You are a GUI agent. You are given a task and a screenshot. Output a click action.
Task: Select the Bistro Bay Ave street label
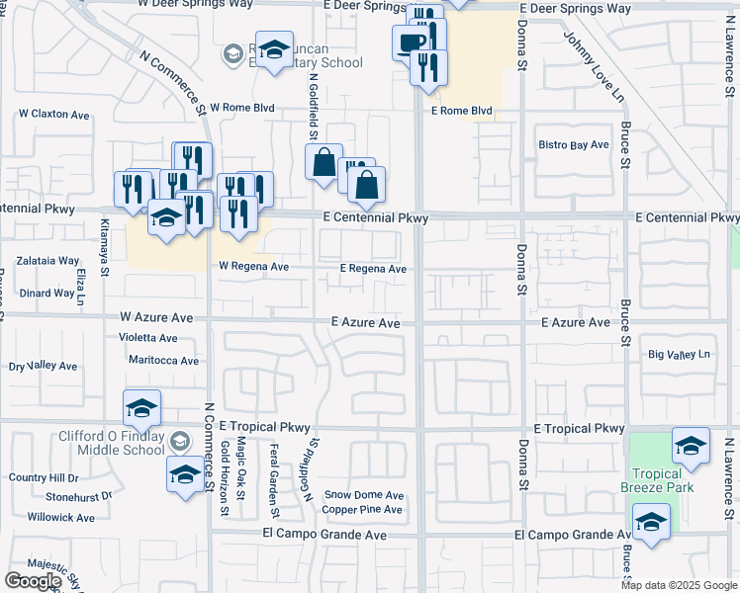573,145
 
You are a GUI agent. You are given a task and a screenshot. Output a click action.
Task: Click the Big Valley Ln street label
679,354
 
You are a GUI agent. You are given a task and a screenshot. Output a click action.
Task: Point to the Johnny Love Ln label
595,64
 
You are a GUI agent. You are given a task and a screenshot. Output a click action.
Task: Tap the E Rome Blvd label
461,111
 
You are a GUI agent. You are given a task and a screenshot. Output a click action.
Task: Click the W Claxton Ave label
53,114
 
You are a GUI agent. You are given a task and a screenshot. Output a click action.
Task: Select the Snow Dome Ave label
364,495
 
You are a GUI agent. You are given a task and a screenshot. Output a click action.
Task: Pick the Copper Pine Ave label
362,510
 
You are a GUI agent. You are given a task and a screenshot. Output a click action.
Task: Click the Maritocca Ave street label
163,361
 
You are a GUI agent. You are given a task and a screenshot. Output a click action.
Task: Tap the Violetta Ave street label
148,338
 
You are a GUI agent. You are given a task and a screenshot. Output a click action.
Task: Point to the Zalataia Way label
49,261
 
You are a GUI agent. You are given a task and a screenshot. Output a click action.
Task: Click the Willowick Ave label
61,517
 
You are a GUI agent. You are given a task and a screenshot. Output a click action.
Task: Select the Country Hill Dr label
43,478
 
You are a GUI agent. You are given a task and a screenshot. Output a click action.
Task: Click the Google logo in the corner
33,581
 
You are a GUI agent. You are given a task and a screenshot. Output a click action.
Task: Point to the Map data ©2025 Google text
679,585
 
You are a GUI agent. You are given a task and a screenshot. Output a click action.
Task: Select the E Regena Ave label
373,269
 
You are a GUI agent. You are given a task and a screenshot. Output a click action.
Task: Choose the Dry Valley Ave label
43,367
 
